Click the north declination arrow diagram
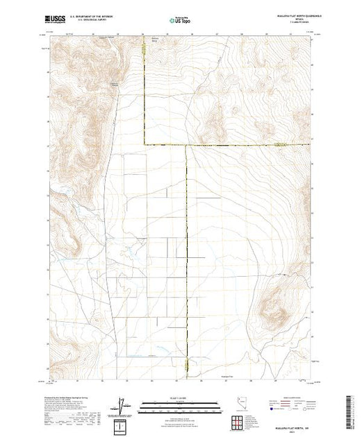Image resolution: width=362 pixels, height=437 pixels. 122,404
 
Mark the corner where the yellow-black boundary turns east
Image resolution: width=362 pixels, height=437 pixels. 145,144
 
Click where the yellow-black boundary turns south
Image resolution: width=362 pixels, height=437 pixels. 186,144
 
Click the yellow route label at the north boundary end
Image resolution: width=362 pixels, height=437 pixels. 145,47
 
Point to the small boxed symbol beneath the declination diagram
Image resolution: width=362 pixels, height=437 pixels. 123,423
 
